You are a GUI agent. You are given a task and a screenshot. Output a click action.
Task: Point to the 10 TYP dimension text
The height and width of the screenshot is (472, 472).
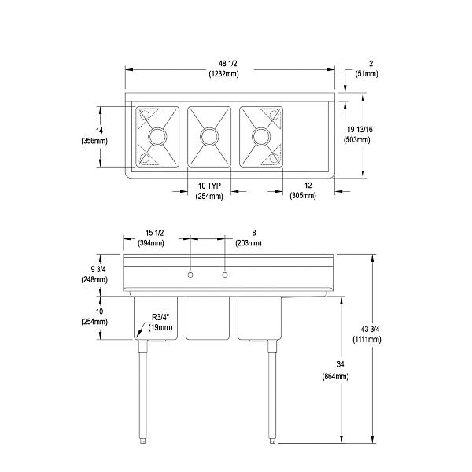(x=209, y=186)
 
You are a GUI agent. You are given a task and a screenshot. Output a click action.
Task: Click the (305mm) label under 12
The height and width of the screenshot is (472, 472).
(x=302, y=195)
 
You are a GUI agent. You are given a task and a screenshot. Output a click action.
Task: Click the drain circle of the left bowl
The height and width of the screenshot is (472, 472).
(x=157, y=137)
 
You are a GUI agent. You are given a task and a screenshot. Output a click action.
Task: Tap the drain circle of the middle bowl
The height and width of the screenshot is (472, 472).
(x=209, y=137)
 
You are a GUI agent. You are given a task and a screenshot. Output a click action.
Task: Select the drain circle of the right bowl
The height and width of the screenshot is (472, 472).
(x=260, y=137)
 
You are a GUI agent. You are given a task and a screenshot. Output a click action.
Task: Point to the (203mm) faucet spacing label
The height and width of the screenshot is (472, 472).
(x=248, y=243)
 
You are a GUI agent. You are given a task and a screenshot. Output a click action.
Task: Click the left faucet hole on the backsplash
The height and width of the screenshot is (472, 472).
(x=190, y=275)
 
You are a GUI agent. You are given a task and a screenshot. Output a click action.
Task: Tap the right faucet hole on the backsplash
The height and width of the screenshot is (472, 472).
(x=225, y=275)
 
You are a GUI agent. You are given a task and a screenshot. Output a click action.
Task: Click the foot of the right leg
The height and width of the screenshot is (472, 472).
(x=272, y=438)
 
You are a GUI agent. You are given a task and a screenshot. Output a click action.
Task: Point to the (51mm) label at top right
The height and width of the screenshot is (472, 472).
(x=367, y=73)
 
